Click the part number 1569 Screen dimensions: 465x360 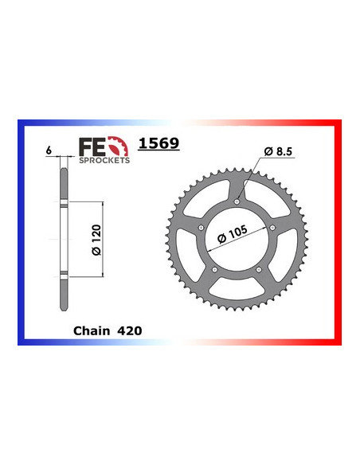point(159,145)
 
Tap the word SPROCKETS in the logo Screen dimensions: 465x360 point(104,158)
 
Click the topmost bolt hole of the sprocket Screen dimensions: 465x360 point(237,202)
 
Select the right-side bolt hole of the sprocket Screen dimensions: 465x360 point(272,228)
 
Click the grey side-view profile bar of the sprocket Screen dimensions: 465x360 point(62,239)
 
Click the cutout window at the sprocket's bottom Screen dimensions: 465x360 point(237,288)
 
